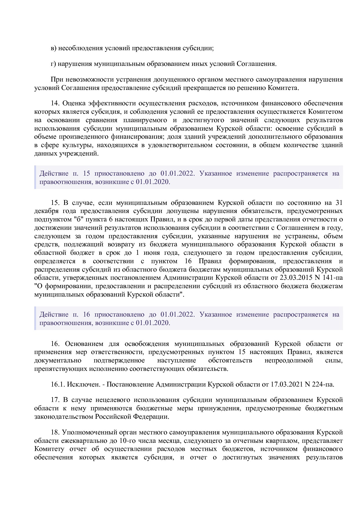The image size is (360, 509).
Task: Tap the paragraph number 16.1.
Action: (57, 385)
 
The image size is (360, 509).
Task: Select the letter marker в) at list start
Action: (53, 48)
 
